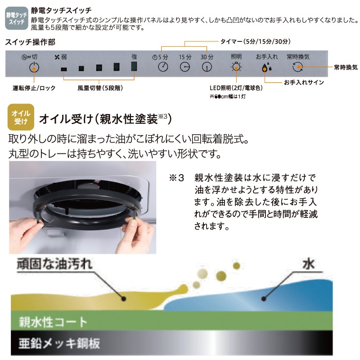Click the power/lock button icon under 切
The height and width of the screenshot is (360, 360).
click(x=32, y=68)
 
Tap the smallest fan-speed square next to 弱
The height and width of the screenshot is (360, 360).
click(x=63, y=69)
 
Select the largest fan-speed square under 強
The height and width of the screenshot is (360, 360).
click(x=134, y=67)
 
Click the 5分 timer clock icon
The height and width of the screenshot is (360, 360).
click(x=163, y=67)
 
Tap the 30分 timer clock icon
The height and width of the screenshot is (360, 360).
click(x=207, y=67)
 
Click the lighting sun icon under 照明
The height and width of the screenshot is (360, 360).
click(x=236, y=67)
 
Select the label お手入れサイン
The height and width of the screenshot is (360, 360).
click(x=304, y=83)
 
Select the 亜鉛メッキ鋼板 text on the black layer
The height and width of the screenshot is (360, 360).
click(x=59, y=344)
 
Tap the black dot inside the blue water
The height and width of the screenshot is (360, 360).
click(x=265, y=298)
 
